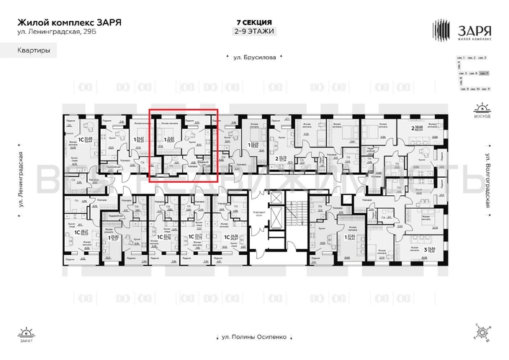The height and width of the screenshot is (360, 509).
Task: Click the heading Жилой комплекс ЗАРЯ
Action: coord(69,22)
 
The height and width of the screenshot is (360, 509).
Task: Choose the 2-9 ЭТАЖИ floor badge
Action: coord(254,31)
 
